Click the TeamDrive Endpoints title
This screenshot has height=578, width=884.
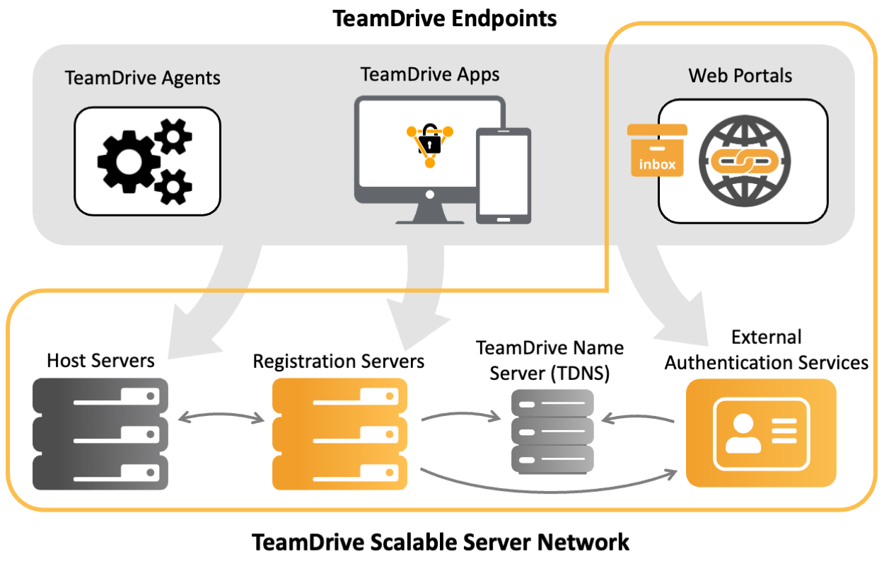[444, 18]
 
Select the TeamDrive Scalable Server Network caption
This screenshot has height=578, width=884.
[441, 543]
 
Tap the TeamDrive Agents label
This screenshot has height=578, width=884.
[143, 77]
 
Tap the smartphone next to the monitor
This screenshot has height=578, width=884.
[503, 175]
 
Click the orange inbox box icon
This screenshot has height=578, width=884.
[657, 151]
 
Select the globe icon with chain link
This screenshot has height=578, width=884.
[745, 161]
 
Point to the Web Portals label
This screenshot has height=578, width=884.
[740, 75]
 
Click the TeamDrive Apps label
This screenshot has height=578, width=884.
[429, 74]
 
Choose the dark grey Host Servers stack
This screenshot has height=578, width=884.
[100, 434]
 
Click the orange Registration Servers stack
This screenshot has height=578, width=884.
[340, 434]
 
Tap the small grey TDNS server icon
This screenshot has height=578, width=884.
[552, 432]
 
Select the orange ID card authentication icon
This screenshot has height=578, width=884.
[761, 433]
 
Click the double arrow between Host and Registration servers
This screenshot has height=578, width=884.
[221, 418]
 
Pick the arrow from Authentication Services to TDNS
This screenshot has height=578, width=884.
[637, 417]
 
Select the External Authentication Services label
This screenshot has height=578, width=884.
[767, 350]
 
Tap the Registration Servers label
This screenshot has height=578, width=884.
[339, 362]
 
